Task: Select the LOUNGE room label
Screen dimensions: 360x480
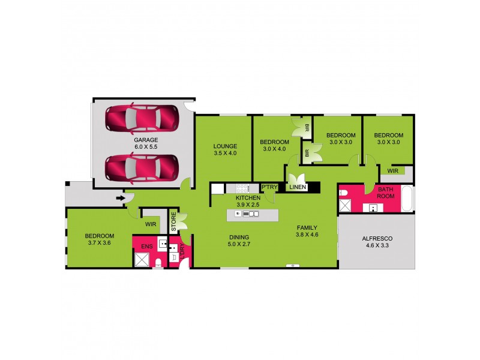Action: point(225,146)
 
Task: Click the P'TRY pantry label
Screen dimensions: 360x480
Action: point(269,187)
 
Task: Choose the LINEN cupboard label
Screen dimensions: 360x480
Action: point(298,187)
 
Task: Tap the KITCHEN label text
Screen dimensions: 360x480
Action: point(247,197)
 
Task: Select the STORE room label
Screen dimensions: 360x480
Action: point(173,220)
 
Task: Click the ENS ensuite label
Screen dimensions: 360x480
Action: point(146,247)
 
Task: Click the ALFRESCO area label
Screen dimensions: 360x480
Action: point(376,238)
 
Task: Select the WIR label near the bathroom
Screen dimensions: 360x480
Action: point(394,171)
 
